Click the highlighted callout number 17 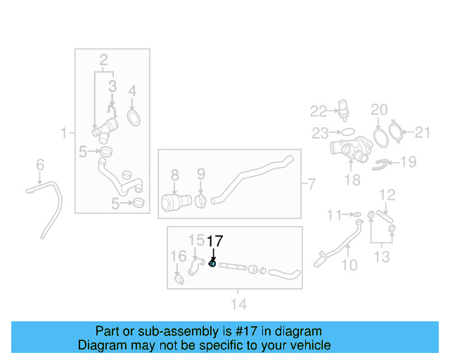pyautogui.click(x=214, y=240)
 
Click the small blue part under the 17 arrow pyautogui.click(x=212, y=264)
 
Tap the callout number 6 pyautogui.click(x=40, y=165)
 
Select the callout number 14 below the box pyautogui.click(x=239, y=304)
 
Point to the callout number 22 pyautogui.click(x=319, y=110)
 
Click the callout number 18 pyautogui.click(x=352, y=181)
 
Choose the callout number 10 pyautogui.click(x=349, y=265)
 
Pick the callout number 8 pyautogui.click(x=175, y=173)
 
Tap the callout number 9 pyautogui.click(x=200, y=173)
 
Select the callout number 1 pyautogui.click(x=64, y=132)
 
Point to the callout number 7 pyautogui.click(x=311, y=185)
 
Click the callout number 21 pyautogui.click(x=422, y=131)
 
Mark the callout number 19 pyautogui.click(x=409, y=162)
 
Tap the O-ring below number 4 pyautogui.click(x=132, y=115)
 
